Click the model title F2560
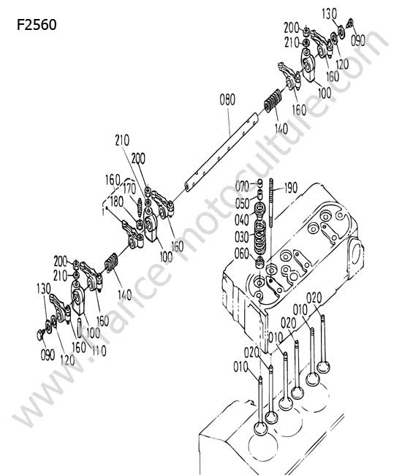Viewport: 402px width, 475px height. click(x=37, y=25)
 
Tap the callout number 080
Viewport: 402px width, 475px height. click(x=227, y=99)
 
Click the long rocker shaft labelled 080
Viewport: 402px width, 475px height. click(x=221, y=153)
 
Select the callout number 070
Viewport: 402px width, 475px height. click(x=242, y=186)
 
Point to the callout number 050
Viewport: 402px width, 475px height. click(x=243, y=203)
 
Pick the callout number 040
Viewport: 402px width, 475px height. click(x=242, y=220)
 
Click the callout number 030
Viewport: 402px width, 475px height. click(x=242, y=237)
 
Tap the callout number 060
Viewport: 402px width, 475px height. click(x=242, y=254)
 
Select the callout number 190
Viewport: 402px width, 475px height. click(x=291, y=188)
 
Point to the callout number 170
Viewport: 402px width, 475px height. click(x=129, y=189)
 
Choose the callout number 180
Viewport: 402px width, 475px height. click(x=117, y=202)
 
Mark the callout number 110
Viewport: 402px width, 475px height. click(x=99, y=351)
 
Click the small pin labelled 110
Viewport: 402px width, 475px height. click(x=80, y=328)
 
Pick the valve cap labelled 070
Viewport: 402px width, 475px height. click(x=260, y=183)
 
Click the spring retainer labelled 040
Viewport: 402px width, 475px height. click(x=260, y=209)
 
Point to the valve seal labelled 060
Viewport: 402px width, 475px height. click(x=260, y=262)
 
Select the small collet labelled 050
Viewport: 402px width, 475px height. click(x=259, y=194)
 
